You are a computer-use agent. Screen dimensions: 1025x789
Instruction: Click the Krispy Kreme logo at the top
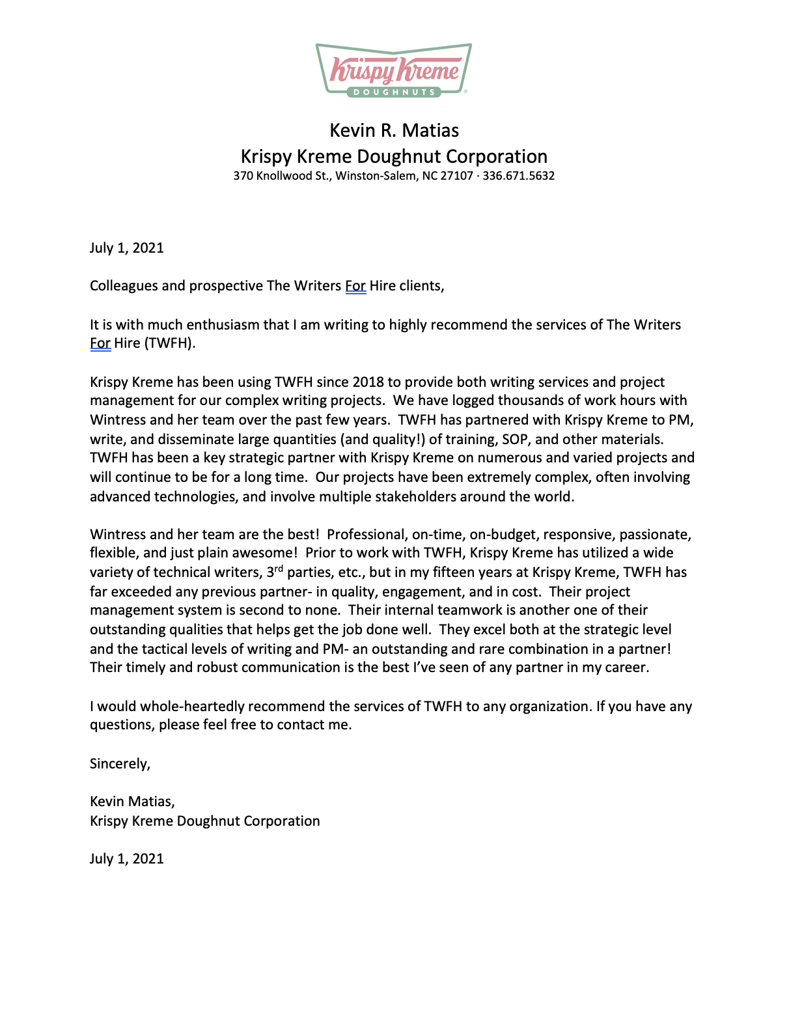394,70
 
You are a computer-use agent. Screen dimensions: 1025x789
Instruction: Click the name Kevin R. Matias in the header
394,130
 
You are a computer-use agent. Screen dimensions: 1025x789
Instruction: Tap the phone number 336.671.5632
518,176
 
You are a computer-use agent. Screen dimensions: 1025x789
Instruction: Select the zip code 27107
456,176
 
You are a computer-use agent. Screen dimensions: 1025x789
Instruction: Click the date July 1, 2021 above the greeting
127,248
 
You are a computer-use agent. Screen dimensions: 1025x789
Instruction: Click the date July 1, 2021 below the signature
127,859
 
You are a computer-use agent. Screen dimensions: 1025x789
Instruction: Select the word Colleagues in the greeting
122,286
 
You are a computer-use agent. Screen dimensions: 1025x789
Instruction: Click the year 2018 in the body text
369,382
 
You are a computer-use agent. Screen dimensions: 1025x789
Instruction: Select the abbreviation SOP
514,440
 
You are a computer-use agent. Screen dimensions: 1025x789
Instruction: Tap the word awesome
265,553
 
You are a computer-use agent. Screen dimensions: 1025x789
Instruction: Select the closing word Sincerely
120,764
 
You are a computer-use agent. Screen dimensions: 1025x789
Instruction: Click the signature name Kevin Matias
132,802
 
